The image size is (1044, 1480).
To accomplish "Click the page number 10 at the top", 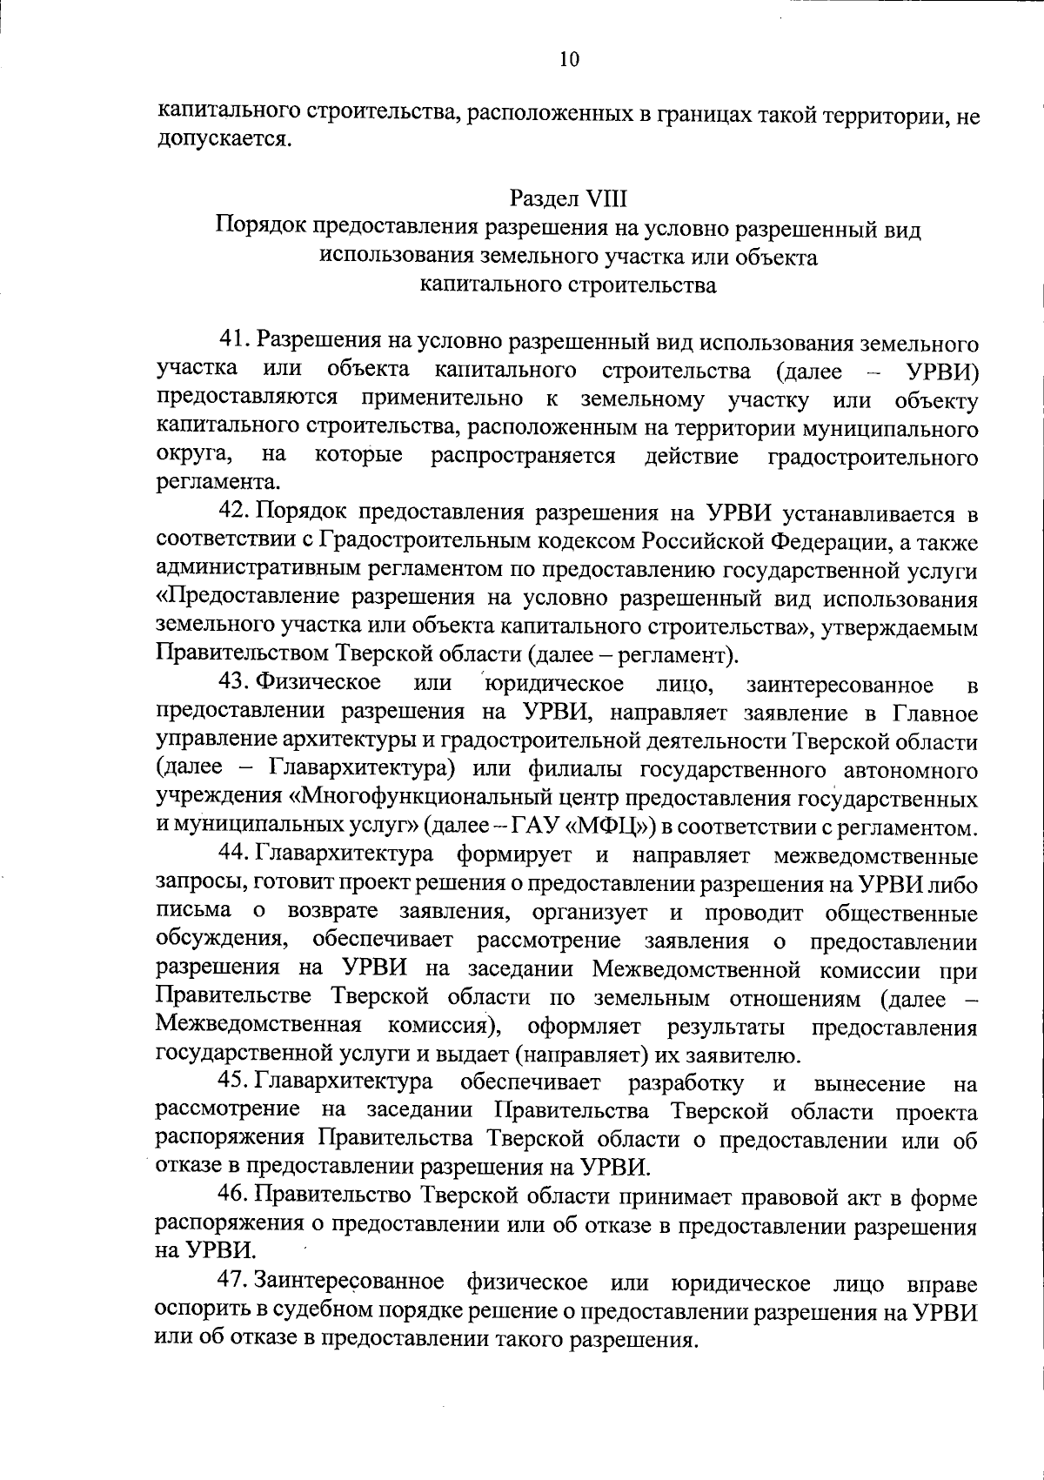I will coord(568,59).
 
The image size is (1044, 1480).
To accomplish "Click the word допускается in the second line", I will coord(221,139).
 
